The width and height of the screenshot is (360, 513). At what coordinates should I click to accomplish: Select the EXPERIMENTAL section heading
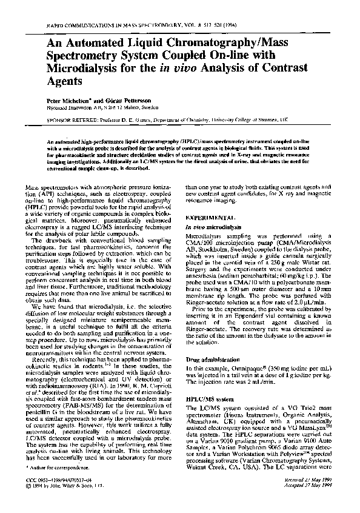(x=210, y=216)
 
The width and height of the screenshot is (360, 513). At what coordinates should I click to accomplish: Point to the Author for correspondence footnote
(x=71, y=484)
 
